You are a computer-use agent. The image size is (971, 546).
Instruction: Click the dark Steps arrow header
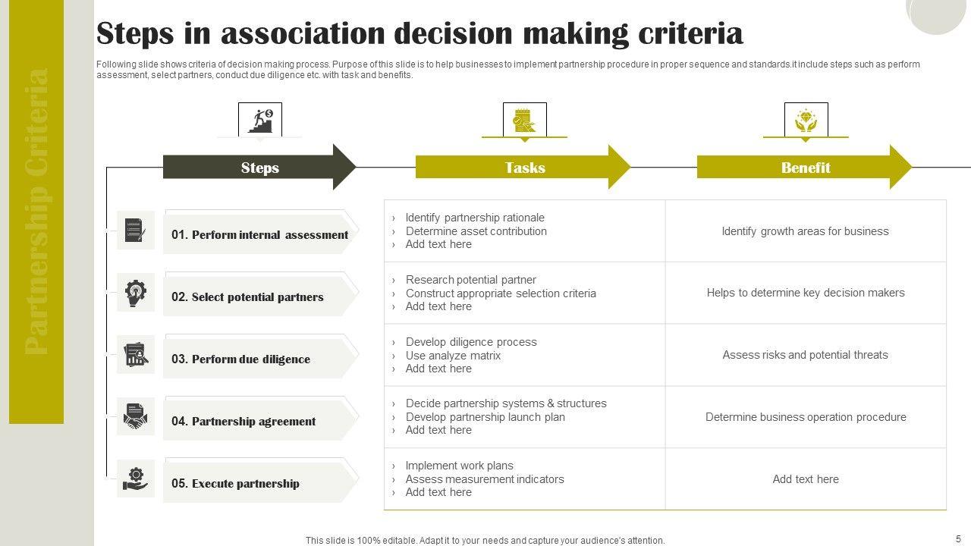pos(259,168)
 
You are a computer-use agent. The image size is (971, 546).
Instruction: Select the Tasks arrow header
pos(524,168)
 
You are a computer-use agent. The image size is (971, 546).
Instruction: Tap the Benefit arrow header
pos(805,168)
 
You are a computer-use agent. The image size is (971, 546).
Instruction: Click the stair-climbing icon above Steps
pos(260,120)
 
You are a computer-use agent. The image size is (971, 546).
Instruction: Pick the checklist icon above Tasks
pos(524,120)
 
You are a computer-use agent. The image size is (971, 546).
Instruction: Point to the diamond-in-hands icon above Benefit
pos(806,120)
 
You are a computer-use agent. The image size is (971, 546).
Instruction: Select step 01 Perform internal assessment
pos(259,235)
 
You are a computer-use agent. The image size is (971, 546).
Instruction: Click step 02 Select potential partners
pos(247,297)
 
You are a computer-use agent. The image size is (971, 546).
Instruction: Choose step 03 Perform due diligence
pos(240,359)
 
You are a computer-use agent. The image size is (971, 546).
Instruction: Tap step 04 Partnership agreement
pos(244,422)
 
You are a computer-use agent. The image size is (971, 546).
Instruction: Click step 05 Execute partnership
pos(235,484)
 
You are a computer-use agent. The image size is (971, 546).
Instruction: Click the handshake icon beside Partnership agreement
pos(136,417)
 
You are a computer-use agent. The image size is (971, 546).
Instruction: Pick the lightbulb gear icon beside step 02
pos(136,293)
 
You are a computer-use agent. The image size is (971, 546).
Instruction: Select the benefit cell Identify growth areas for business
pos(805,231)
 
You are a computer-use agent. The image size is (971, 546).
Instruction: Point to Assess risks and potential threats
pos(805,355)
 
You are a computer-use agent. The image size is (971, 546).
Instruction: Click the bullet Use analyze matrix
pos(453,356)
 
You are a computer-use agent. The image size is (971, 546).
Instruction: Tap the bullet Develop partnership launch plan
pos(485,417)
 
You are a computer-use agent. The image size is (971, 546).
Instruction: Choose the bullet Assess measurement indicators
pos(485,479)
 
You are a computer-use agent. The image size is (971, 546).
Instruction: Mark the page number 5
pos(958,539)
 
